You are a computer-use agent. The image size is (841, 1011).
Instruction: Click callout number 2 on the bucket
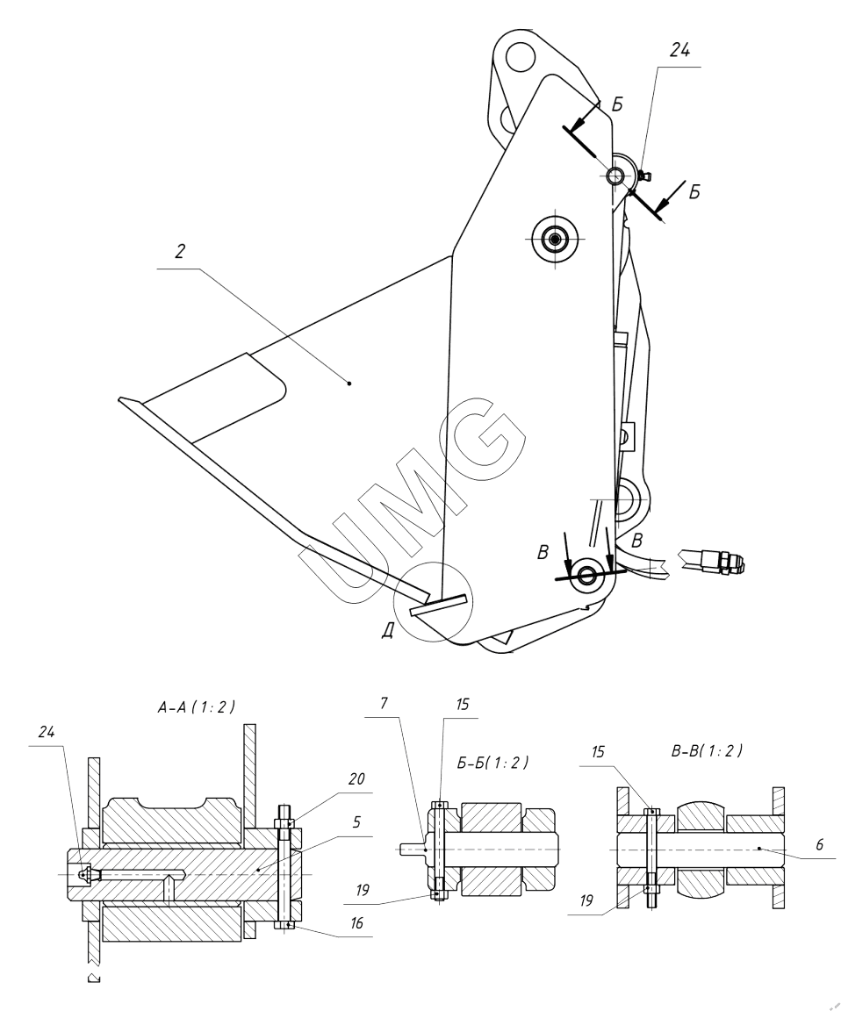coord(180,251)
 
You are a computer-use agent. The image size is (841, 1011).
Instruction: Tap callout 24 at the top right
coord(679,51)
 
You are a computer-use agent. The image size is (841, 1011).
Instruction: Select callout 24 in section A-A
coord(46,732)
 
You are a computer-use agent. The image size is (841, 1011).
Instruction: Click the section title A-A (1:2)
coord(196,706)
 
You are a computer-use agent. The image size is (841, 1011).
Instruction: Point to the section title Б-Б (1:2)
coord(492,762)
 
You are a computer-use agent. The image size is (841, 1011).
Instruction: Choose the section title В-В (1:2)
coord(707,750)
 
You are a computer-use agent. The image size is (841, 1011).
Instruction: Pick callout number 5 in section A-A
coord(356,822)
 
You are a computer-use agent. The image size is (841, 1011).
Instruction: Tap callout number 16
coord(356,922)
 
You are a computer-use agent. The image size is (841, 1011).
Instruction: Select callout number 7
coord(385,703)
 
